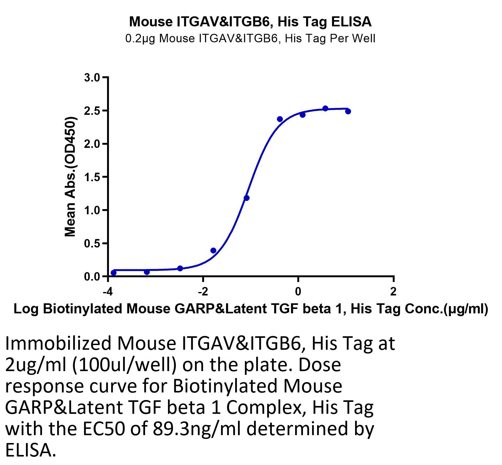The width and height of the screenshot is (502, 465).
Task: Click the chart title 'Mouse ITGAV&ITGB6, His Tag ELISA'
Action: [250, 22]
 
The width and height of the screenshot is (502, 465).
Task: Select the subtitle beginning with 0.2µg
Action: [250, 38]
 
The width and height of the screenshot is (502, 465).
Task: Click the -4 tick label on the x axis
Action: [108, 292]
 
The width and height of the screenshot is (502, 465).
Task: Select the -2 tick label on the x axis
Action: [203, 292]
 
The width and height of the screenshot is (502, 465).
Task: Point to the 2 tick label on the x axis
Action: [393, 292]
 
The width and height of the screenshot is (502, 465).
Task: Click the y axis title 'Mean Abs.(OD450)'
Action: [70, 177]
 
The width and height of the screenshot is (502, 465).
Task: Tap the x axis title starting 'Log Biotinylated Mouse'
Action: [251, 309]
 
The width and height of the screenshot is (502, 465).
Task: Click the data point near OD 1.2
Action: [246, 198]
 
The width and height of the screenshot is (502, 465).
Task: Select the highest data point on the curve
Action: [325, 108]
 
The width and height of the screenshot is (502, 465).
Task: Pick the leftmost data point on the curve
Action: [114, 273]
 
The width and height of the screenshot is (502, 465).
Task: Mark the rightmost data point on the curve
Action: [348, 111]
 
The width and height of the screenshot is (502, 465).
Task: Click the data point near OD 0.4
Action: [213, 250]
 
